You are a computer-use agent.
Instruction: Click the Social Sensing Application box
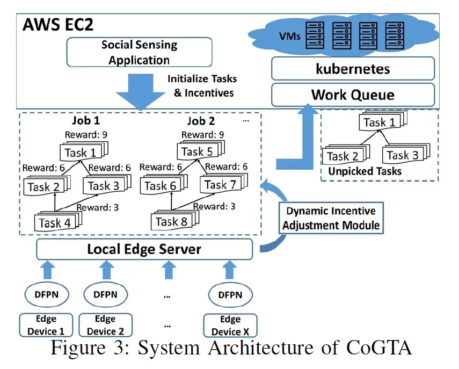pos(139,52)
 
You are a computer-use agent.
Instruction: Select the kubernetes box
pos(353,69)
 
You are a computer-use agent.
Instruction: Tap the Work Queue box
pos(353,95)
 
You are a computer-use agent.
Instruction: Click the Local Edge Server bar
pos(144,249)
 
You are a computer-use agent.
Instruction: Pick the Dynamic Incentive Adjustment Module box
pos(331,218)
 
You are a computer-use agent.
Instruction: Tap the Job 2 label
pos(201,120)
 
